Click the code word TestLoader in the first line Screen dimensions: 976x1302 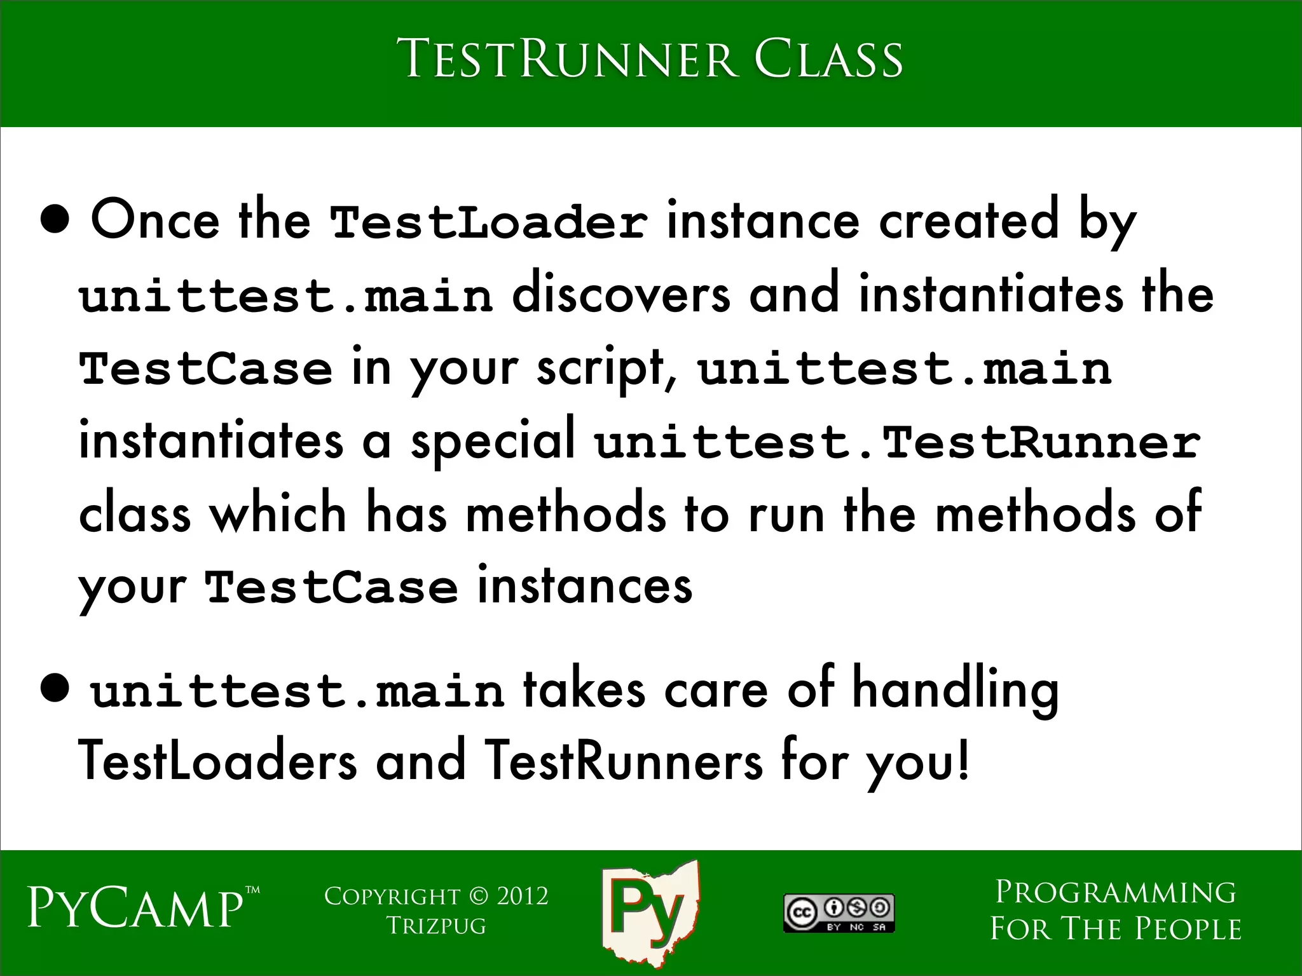489,222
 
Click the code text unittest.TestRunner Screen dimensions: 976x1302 897,442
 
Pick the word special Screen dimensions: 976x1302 493,442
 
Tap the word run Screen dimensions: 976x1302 786,515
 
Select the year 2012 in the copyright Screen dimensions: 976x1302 522,897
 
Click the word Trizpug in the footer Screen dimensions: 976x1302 436,926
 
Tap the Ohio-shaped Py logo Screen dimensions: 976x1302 649,911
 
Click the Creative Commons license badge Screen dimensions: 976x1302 839,913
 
